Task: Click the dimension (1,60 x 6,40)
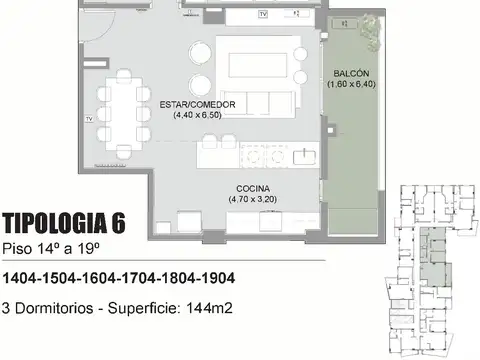click(348, 85)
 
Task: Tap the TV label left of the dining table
click(89, 118)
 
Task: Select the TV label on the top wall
click(262, 15)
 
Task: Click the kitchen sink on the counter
click(301, 155)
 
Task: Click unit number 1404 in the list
click(23, 277)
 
